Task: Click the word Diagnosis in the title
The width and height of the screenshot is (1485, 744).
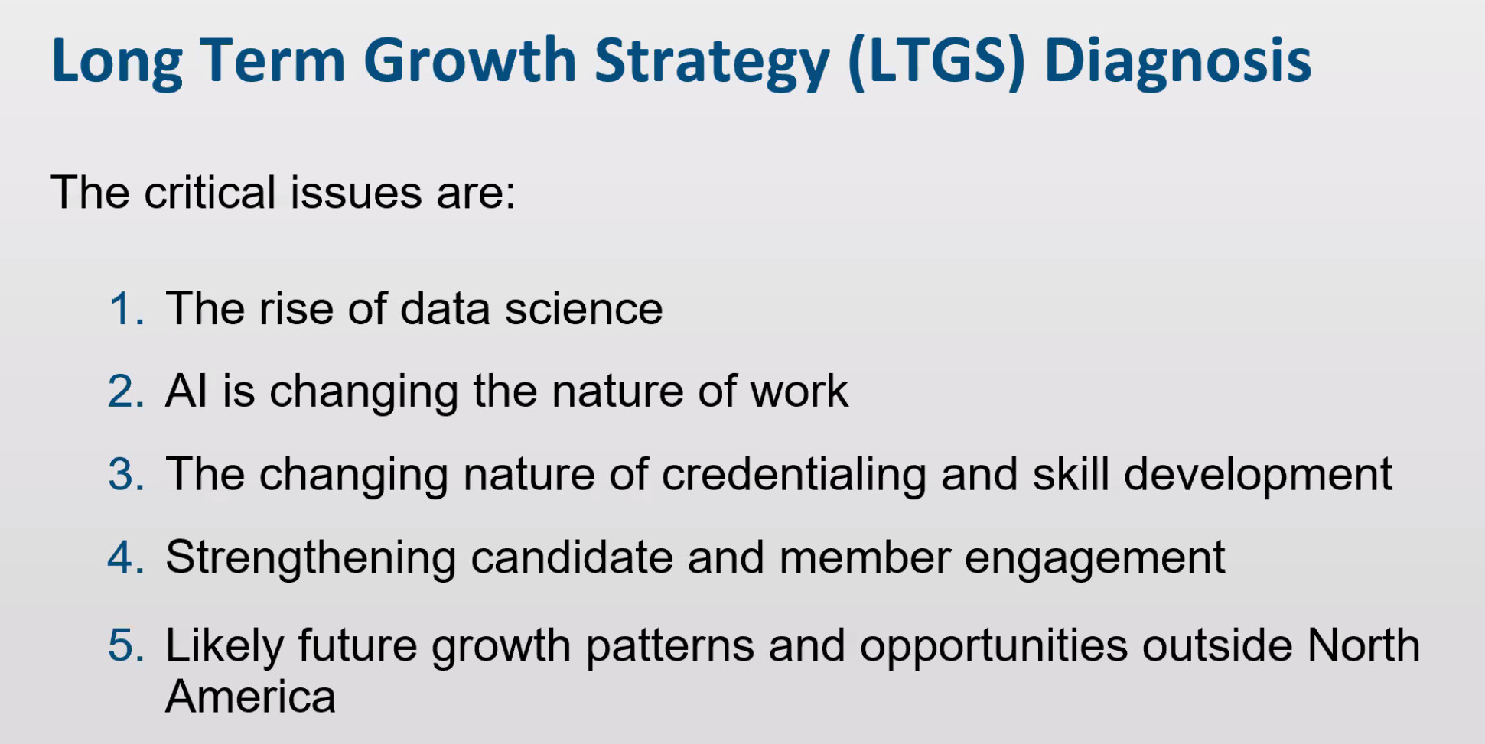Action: [x=1177, y=60]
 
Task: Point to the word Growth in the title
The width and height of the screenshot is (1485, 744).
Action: [x=470, y=60]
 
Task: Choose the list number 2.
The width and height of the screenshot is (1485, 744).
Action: [x=126, y=391]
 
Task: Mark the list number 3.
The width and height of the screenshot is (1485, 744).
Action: [x=126, y=474]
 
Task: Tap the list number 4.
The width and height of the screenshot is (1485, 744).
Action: [x=126, y=557]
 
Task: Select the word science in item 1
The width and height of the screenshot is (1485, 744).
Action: [x=584, y=309]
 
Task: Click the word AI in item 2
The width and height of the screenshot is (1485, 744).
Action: [x=187, y=391]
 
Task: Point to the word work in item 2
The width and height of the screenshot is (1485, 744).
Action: [x=799, y=391]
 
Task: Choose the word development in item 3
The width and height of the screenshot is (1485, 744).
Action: [x=1258, y=475]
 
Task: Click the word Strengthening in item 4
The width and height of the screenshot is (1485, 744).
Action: [x=311, y=557]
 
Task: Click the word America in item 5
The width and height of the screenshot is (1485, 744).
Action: [x=251, y=697]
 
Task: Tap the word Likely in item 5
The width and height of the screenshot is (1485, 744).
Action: [x=225, y=647]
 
